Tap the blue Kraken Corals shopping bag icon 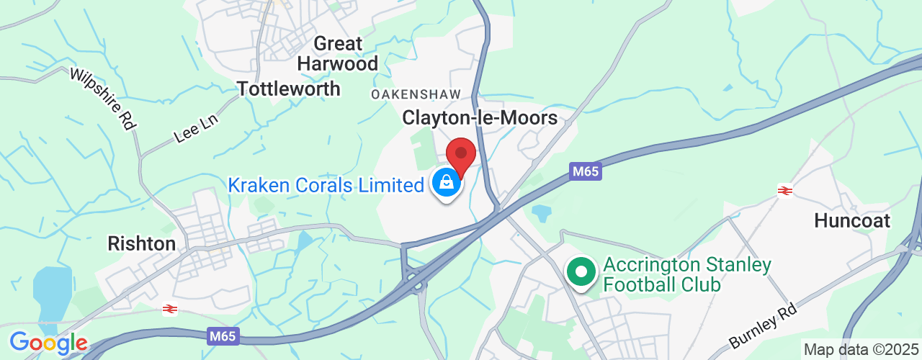click(x=447, y=183)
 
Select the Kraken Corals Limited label click(x=326, y=185)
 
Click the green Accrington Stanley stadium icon click(x=581, y=273)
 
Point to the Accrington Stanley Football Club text click(x=686, y=274)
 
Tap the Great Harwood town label click(x=338, y=54)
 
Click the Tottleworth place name click(x=288, y=89)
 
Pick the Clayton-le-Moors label click(x=480, y=117)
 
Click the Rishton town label click(x=141, y=243)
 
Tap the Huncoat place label click(x=852, y=220)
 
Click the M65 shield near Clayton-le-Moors click(x=585, y=171)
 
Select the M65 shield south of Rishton click(x=225, y=336)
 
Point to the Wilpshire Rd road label click(x=103, y=99)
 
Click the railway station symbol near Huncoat click(x=784, y=191)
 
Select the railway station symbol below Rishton click(x=170, y=309)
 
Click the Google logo click(x=48, y=343)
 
